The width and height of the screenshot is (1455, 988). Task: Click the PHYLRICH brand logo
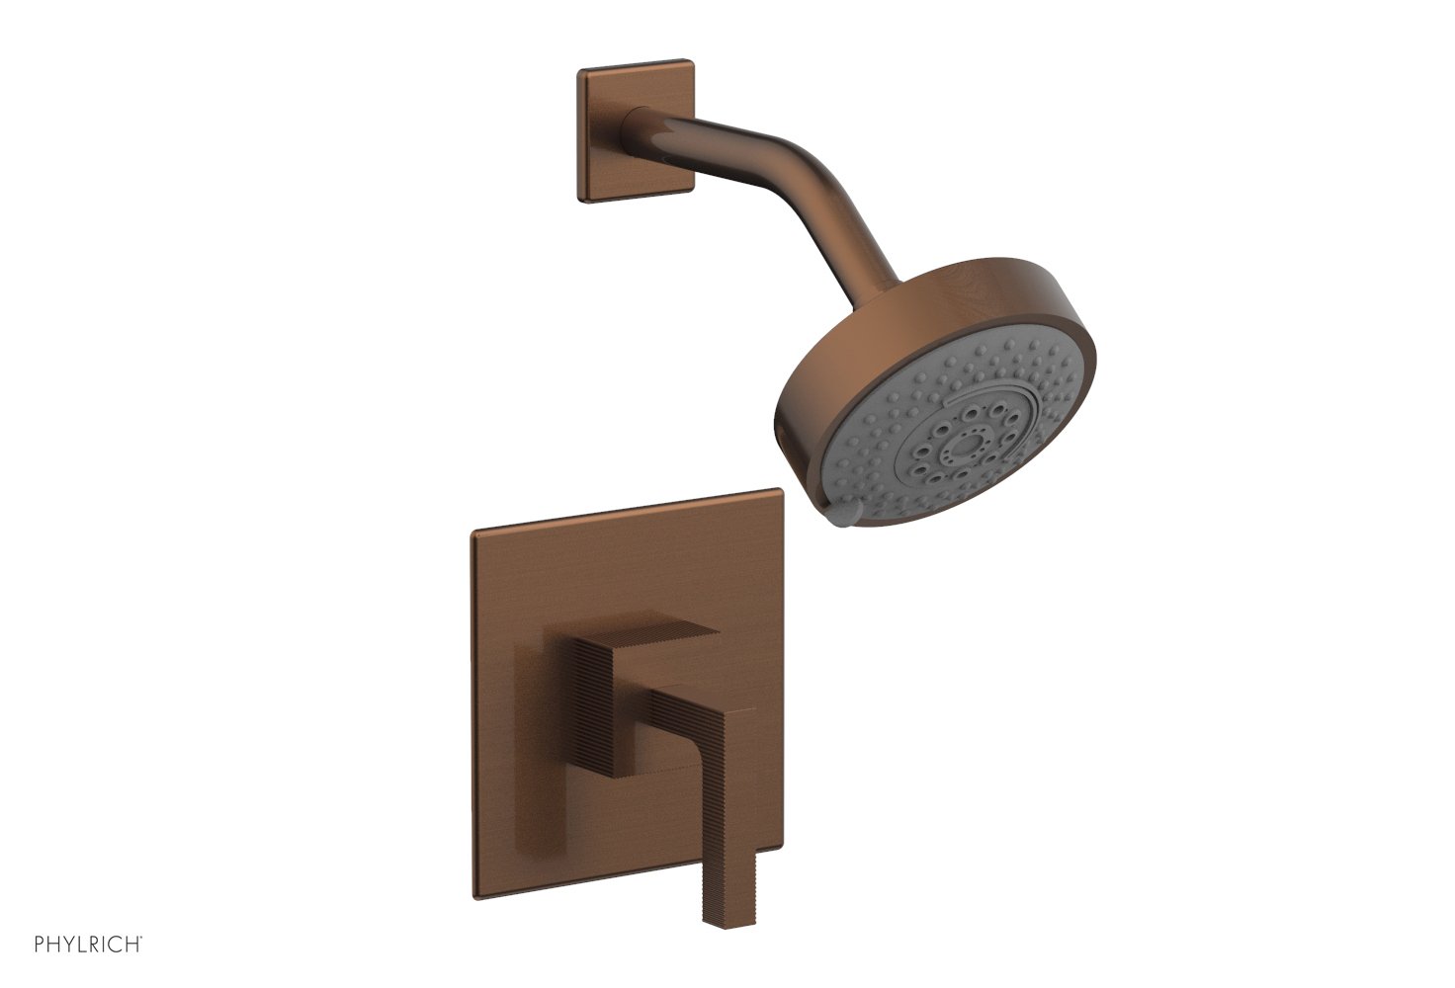pyautogui.click(x=88, y=945)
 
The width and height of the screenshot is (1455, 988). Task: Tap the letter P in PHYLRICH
pyautogui.click(x=40, y=946)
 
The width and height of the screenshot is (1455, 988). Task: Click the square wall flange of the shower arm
pyautogui.click(x=636, y=129)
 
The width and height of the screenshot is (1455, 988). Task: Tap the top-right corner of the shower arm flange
pyautogui.click(x=693, y=60)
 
